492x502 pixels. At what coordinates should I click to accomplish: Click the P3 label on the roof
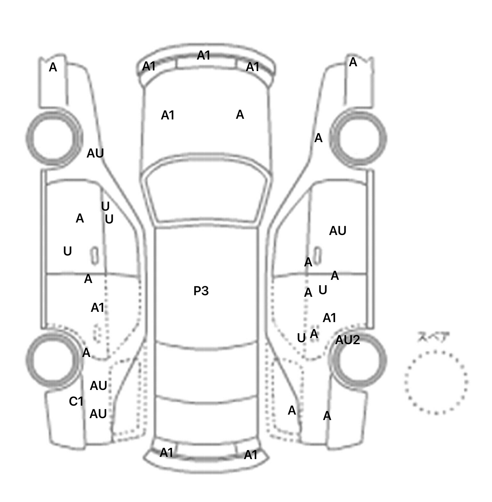click(x=201, y=291)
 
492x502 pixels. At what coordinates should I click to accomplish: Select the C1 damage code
click(x=76, y=401)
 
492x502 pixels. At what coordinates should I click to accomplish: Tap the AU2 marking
click(x=348, y=340)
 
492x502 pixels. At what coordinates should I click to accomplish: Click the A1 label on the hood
click(x=168, y=115)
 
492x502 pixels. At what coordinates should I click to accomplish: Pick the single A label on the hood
click(x=240, y=115)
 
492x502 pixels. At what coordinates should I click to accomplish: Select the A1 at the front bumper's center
click(x=203, y=55)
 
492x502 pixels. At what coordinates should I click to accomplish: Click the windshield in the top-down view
click(x=207, y=192)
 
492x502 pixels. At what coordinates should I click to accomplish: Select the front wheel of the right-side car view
click(x=358, y=138)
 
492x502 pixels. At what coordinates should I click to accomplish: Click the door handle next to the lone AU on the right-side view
click(x=317, y=255)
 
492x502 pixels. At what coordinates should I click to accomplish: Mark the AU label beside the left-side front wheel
click(x=95, y=154)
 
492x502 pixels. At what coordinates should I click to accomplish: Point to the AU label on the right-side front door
click(x=338, y=231)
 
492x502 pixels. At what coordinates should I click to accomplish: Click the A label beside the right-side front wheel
click(x=318, y=138)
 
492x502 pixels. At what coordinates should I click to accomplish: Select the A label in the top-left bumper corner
click(x=53, y=68)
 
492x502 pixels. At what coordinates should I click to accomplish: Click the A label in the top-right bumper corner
click(x=353, y=62)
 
